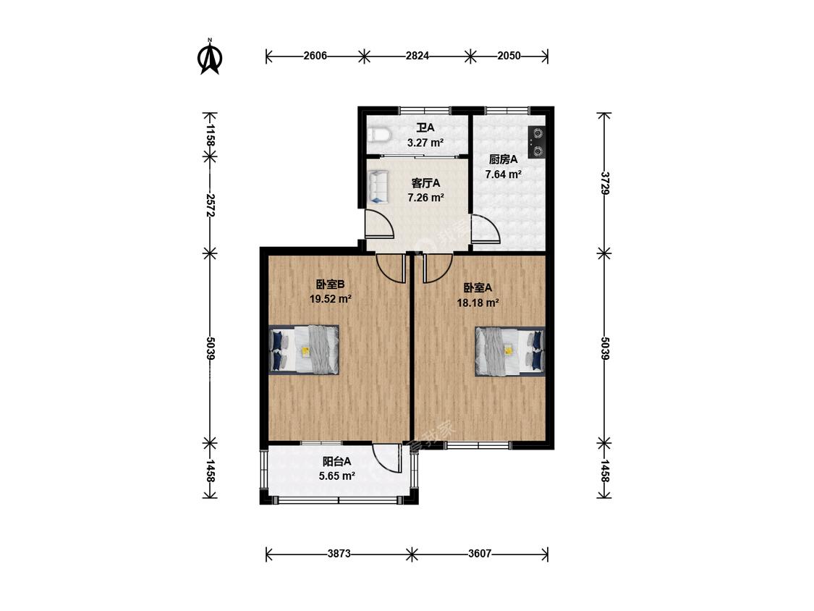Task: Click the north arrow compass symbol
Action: tap(210, 56)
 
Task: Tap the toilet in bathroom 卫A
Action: tap(379, 135)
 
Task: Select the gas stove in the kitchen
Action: tap(536, 143)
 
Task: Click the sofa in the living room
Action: tap(378, 187)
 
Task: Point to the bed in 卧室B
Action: tap(304, 349)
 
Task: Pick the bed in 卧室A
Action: tap(510, 350)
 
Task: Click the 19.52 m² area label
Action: tap(331, 299)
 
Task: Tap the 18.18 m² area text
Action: tap(478, 303)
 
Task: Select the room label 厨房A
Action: tap(503, 159)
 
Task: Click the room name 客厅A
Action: tap(425, 183)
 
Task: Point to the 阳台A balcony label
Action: tap(337, 461)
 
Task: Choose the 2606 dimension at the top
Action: tap(315, 56)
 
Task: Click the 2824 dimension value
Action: tap(417, 56)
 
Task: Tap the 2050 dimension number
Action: tap(509, 56)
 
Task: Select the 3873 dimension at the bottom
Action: tap(339, 553)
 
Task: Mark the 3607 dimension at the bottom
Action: tap(480, 553)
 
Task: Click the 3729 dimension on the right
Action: tap(605, 183)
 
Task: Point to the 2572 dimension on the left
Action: tap(210, 205)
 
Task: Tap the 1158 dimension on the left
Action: tap(210, 135)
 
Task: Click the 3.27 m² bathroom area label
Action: tap(425, 143)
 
